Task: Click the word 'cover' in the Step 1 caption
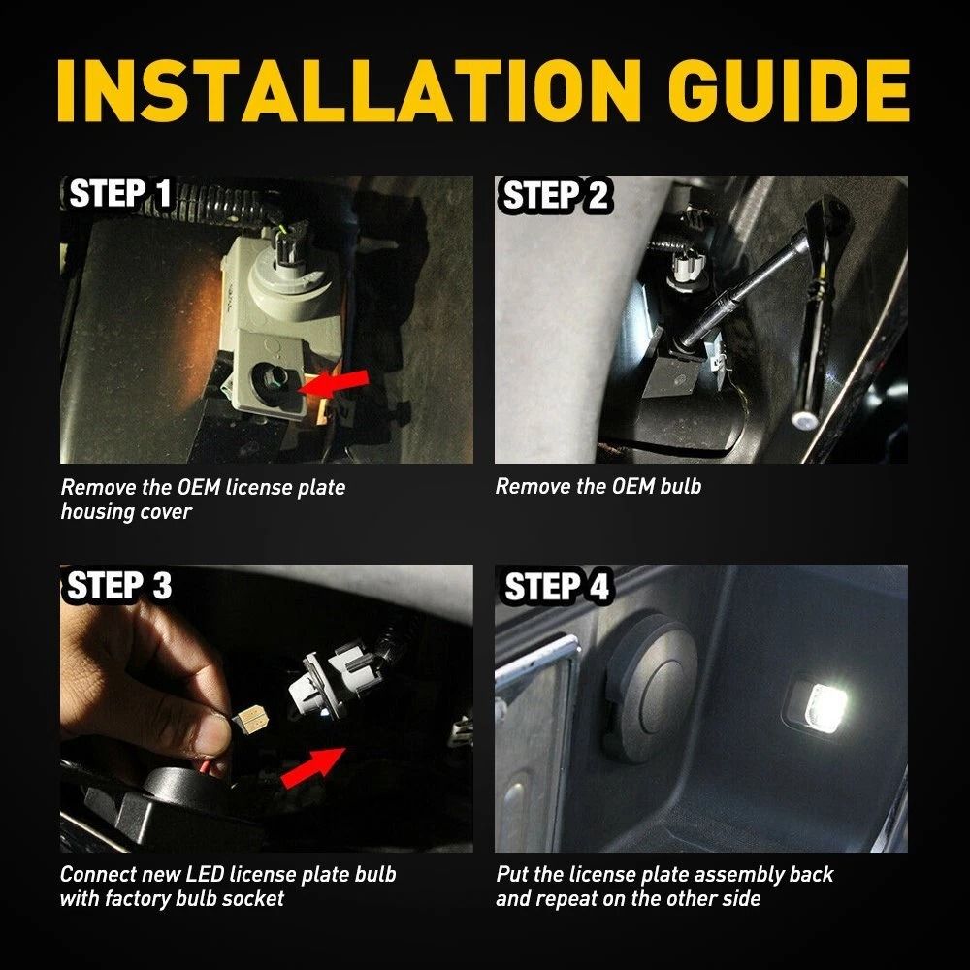pyautogui.click(x=164, y=511)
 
